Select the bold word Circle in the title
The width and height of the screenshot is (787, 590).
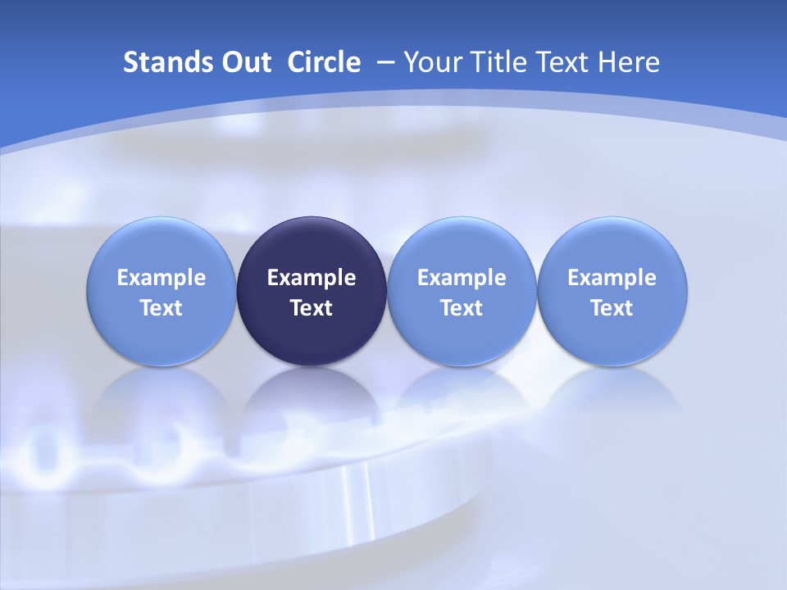[x=324, y=62]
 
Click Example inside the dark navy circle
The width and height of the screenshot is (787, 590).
[x=312, y=278]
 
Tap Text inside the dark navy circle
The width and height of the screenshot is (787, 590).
[x=312, y=308]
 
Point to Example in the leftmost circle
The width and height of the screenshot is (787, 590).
[x=161, y=278]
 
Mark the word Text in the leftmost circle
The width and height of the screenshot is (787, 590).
[x=161, y=308]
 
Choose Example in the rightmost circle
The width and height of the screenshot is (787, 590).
[x=612, y=278]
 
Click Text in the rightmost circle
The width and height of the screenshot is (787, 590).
[x=612, y=308]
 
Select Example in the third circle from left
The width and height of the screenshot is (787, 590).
[x=462, y=278]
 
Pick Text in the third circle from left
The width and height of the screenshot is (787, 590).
[x=462, y=308]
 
